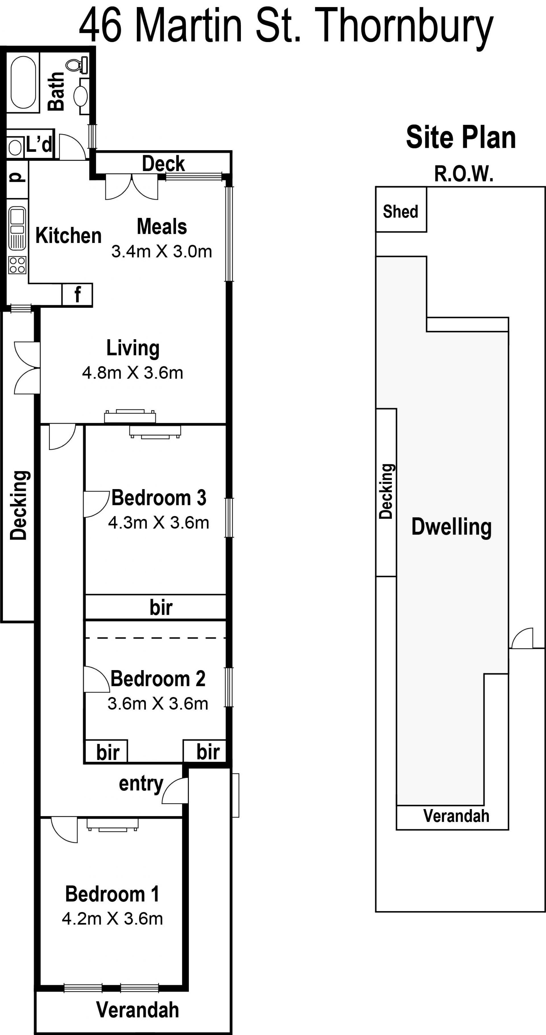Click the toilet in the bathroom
[x=77, y=65]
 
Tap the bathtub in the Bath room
[x=23, y=82]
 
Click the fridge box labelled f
[x=77, y=295]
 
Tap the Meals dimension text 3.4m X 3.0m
[x=162, y=252]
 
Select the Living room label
[x=133, y=349]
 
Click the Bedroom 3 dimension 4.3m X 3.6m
[x=159, y=523]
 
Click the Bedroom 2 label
[x=158, y=679]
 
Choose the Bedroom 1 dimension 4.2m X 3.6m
[x=113, y=919]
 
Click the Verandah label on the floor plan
[x=138, y=1010]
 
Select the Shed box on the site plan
[x=401, y=209]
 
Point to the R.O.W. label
[x=464, y=174]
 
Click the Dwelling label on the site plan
[x=452, y=527]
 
